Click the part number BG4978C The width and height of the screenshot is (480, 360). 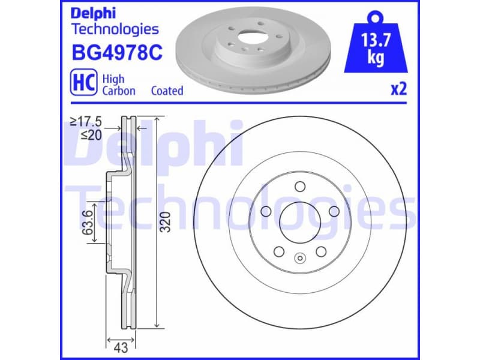pyautogui.click(x=116, y=53)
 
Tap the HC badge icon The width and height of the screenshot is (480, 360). pyautogui.click(x=84, y=84)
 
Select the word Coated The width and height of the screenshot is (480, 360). pyautogui.click(x=167, y=91)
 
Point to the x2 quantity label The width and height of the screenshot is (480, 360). pyautogui.click(x=399, y=89)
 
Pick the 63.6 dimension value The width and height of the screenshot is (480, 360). pyautogui.click(x=88, y=222)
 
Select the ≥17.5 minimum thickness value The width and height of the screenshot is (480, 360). pyautogui.click(x=86, y=122)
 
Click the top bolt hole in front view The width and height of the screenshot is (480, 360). pyautogui.click(x=299, y=185)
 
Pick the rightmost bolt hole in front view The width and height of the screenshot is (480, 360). pyautogui.click(x=334, y=211)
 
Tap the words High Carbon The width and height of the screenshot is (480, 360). pyautogui.click(x=118, y=85)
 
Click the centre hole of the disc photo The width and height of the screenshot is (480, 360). pyautogui.click(x=246, y=35)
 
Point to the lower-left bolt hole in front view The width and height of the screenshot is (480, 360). pyautogui.click(x=277, y=251)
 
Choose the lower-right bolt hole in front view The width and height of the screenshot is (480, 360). pyautogui.click(x=320, y=251)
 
